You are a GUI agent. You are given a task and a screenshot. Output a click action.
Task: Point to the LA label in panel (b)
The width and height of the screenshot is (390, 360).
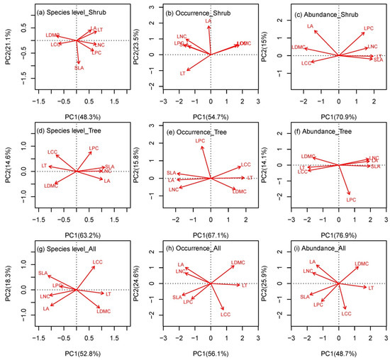pos(208,21)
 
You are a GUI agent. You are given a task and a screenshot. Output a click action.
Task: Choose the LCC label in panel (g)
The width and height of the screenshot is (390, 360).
pos(98,263)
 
